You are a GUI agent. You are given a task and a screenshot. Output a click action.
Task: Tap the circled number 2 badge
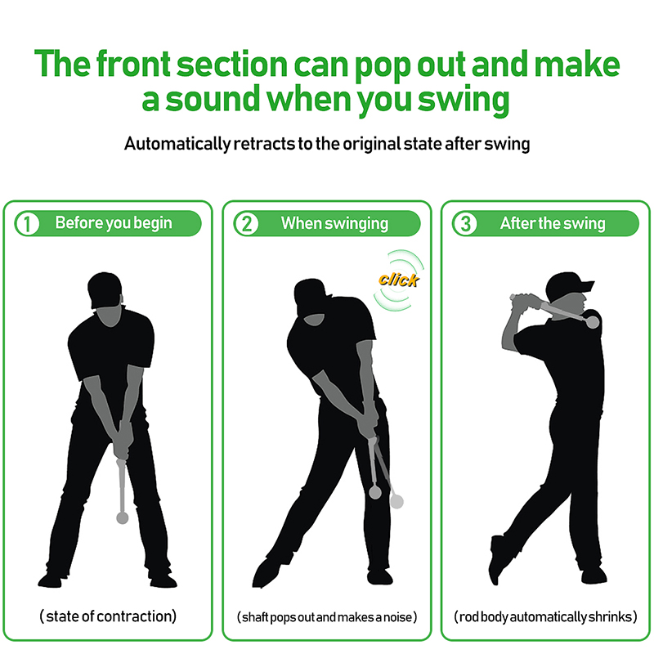click(x=246, y=223)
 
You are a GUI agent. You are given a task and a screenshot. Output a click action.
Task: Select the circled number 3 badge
click(x=465, y=223)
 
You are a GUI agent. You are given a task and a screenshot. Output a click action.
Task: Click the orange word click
click(x=398, y=280)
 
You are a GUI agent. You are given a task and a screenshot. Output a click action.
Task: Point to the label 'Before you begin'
click(x=114, y=223)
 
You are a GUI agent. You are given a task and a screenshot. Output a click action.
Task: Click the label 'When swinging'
click(x=334, y=223)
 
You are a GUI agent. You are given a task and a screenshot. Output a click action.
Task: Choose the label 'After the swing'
click(x=553, y=223)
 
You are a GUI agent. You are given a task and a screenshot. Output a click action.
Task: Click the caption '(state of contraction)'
click(x=108, y=616)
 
